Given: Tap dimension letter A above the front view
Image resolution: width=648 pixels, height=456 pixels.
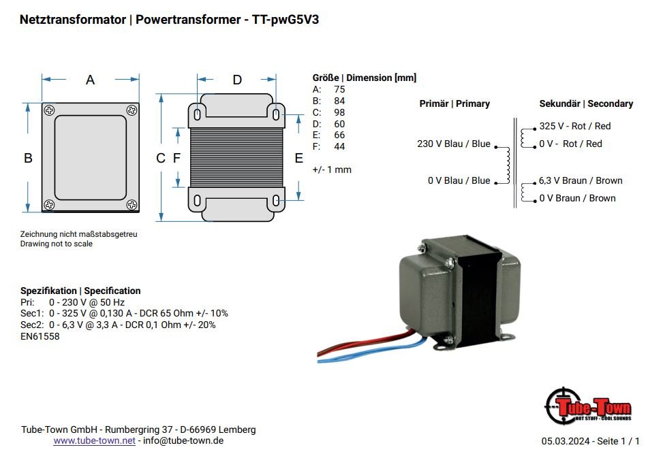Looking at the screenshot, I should click(90, 80).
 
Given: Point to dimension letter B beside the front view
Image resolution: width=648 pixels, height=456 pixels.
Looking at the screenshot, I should click(28, 158).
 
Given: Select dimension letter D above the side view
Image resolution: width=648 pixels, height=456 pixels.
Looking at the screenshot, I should click(237, 80).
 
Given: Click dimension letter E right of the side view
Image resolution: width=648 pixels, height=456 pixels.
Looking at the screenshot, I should click(298, 158).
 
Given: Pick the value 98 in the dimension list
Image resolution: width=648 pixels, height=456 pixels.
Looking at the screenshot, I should click(339, 112).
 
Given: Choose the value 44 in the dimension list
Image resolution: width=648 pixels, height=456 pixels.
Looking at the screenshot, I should click(339, 146).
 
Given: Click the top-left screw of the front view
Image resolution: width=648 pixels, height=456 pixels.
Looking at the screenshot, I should click(49, 110).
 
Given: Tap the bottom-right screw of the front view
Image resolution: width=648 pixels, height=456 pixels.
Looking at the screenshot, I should click(132, 204).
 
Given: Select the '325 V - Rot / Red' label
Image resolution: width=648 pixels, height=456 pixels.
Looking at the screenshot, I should click(575, 126).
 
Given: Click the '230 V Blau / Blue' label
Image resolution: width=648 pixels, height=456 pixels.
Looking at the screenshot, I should click(453, 144).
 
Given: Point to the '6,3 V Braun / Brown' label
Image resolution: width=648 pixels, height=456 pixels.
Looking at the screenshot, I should click(580, 180).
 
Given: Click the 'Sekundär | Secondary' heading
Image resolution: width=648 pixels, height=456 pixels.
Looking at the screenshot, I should click(586, 103).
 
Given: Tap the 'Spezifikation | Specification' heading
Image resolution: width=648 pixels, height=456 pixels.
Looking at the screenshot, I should click(80, 291).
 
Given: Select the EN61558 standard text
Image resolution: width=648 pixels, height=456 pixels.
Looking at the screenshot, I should click(40, 336).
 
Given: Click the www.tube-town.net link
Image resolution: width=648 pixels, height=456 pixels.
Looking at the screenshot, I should click(95, 440).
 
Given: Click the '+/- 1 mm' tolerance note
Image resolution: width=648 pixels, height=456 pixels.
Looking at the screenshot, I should click(332, 169).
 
